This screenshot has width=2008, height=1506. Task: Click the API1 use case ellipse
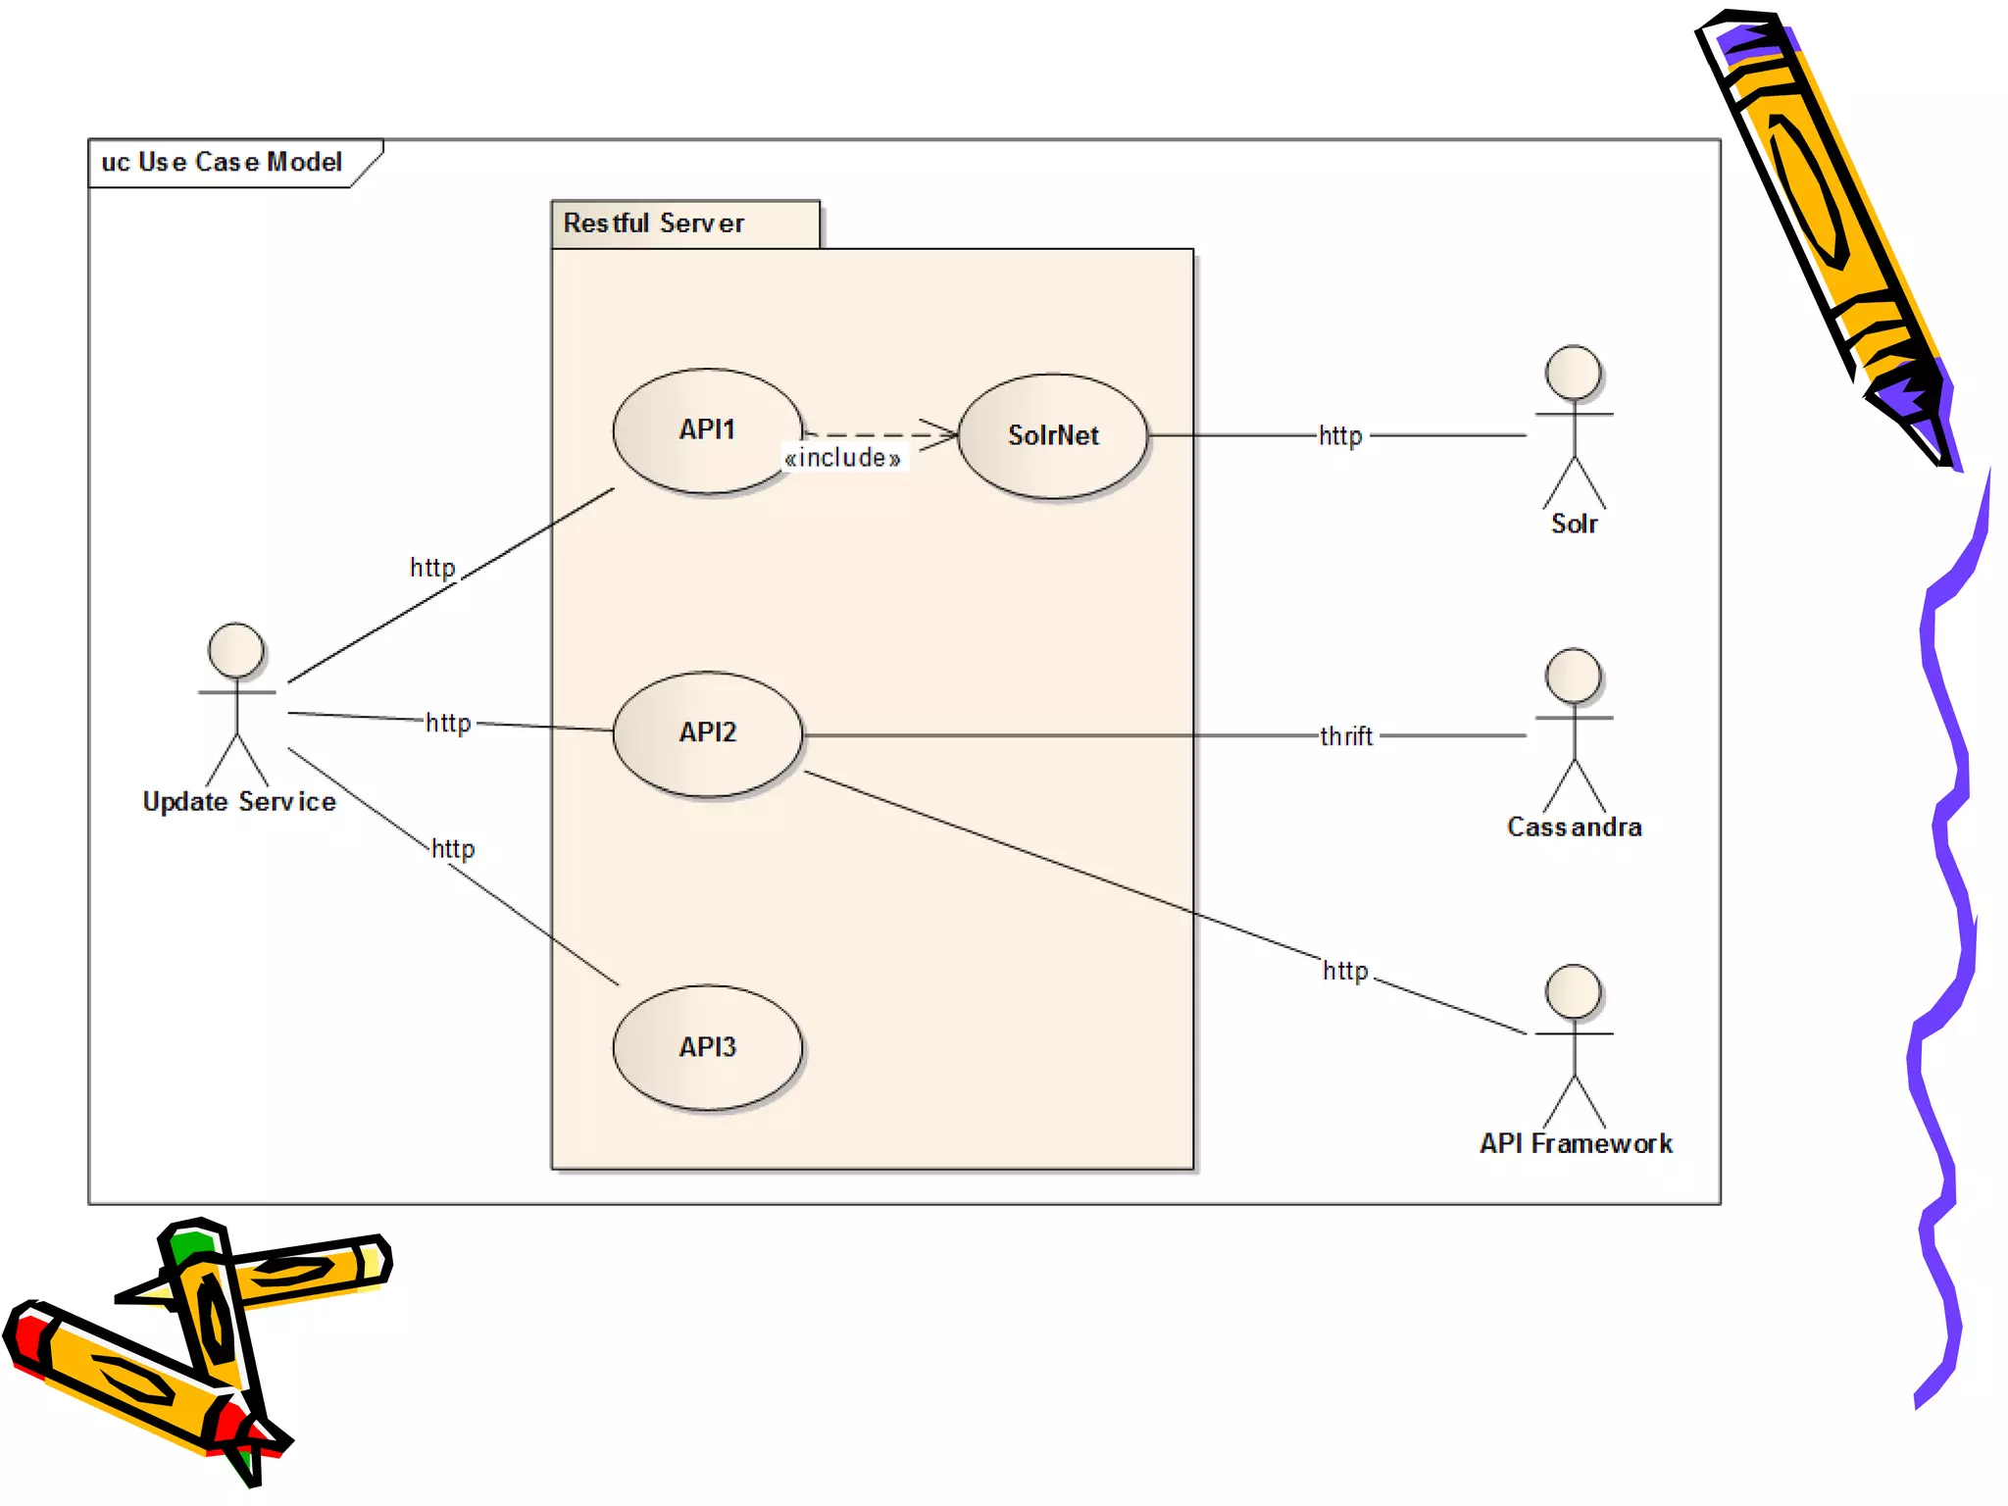pyautogui.click(x=707, y=430)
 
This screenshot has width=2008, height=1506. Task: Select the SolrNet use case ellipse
pyautogui.click(x=1053, y=435)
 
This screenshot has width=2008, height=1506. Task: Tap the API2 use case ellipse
pyautogui.click(x=707, y=733)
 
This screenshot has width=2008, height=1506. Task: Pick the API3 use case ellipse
pyautogui.click(x=707, y=1047)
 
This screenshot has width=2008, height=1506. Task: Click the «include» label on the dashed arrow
pyautogui.click(x=843, y=458)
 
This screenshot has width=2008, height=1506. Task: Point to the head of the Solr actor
pyautogui.click(x=1573, y=373)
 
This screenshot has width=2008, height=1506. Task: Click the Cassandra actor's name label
pyautogui.click(x=1574, y=828)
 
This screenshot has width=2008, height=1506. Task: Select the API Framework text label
pyautogui.click(x=1576, y=1143)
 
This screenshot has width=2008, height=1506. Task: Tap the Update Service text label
pyautogui.click(x=239, y=802)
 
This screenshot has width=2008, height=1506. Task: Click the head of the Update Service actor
pyautogui.click(x=236, y=650)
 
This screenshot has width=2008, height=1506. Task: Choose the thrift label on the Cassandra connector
pyautogui.click(x=1345, y=736)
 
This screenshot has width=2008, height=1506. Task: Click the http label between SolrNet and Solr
pyautogui.click(x=1340, y=435)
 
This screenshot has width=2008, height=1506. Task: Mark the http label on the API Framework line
pyautogui.click(x=1344, y=971)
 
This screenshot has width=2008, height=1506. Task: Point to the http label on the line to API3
pyautogui.click(x=453, y=848)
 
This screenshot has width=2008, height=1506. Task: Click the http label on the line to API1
pyautogui.click(x=432, y=568)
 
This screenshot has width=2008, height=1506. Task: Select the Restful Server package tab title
pyautogui.click(x=653, y=224)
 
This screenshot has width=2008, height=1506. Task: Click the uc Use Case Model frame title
pyautogui.click(x=222, y=162)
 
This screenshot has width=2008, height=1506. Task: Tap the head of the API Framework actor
pyautogui.click(x=1573, y=992)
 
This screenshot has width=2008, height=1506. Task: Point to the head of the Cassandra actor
pyautogui.click(x=1573, y=676)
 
